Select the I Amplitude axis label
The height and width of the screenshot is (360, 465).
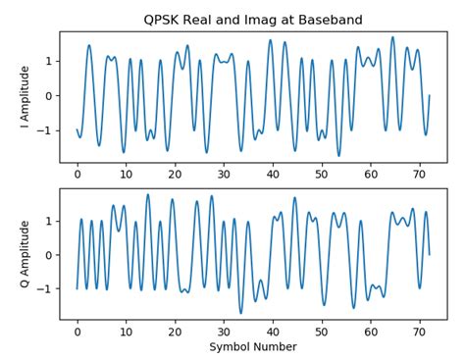25,97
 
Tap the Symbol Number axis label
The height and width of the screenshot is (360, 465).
253,346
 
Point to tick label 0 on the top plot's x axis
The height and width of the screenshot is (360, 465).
77,175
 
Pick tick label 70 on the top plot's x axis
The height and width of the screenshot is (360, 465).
419,175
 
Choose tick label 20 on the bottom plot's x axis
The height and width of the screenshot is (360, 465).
175,332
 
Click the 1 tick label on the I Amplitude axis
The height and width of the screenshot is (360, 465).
48,62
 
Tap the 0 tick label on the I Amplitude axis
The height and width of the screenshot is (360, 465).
48,96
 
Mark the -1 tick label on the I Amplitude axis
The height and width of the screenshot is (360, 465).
45,130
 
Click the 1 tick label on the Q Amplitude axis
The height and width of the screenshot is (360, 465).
48,221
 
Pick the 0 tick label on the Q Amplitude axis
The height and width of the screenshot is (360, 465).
48,255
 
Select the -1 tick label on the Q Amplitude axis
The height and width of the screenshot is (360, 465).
45,289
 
